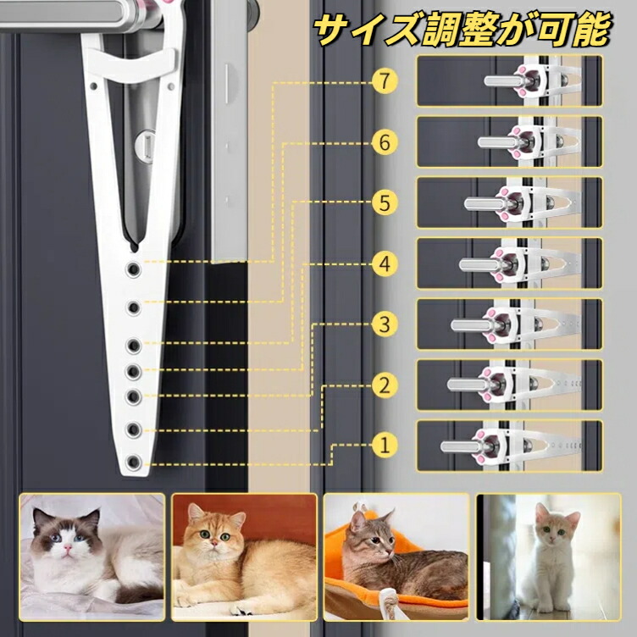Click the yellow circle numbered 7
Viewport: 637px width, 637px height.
pyautogui.click(x=385, y=81)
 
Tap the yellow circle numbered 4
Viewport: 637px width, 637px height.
pyautogui.click(x=385, y=264)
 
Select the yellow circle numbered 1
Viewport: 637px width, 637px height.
pyautogui.click(x=385, y=445)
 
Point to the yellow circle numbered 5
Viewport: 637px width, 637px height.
pyautogui.click(x=385, y=202)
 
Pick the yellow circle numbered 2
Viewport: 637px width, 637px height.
pyautogui.click(x=385, y=385)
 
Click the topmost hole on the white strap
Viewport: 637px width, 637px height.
pyautogui.click(x=133, y=269)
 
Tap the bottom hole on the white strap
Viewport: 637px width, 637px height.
pyautogui.click(x=133, y=462)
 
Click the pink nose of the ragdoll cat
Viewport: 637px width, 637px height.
pyautogui.click(x=68, y=547)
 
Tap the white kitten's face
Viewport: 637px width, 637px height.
pyautogui.click(x=556, y=528)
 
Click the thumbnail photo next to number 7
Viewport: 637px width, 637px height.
pyautogui.click(x=509, y=80)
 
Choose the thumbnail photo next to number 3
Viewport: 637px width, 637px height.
pyautogui.click(x=509, y=324)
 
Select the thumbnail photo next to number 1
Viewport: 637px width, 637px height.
pyautogui.click(x=509, y=446)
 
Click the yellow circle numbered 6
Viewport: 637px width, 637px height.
pyautogui.click(x=385, y=142)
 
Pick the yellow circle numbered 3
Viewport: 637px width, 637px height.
pyautogui.click(x=385, y=324)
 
